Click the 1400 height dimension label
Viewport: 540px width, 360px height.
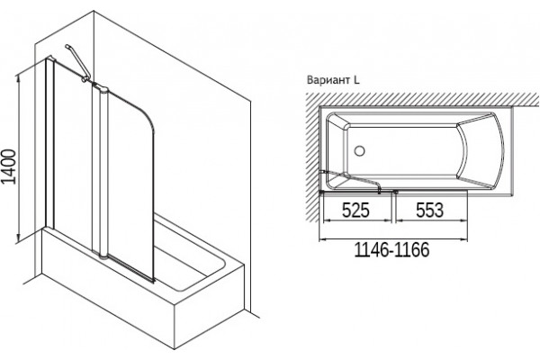[x=9, y=166]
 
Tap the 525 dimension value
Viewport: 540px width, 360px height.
[x=355, y=210]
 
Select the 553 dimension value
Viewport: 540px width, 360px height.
[x=430, y=210]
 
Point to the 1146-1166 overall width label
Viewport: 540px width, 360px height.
[x=391, y=250]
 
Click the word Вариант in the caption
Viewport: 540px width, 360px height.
[x=328, y=80]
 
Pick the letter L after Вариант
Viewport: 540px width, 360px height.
[x=356, y=80]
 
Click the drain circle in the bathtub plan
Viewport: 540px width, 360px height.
[x=359, y=151]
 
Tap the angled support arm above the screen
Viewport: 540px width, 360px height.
[x=77, y=62]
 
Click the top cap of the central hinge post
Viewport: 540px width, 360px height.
[x=101, y=86]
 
